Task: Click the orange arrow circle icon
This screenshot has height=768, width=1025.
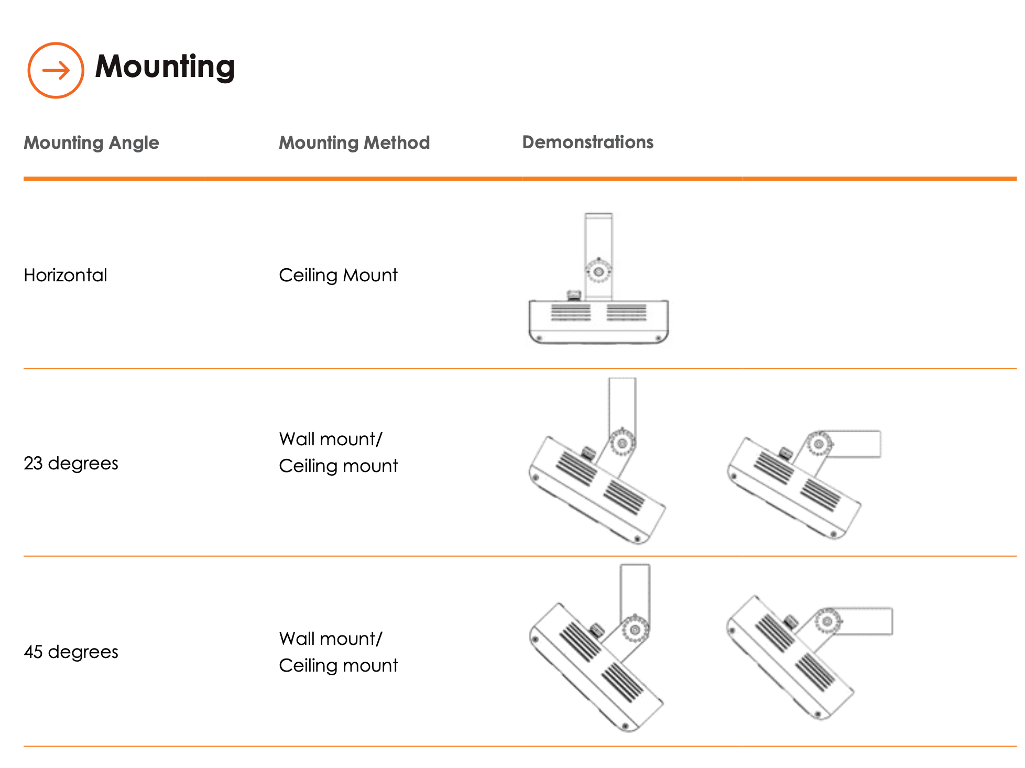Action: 56,70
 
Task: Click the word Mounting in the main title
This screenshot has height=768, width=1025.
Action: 165,67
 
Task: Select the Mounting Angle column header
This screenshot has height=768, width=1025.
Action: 91,142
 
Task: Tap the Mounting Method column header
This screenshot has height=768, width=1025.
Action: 354,142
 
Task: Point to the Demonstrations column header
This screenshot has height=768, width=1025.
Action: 587,142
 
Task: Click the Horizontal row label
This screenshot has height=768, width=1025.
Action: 66,275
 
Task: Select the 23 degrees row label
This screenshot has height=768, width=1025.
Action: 71,463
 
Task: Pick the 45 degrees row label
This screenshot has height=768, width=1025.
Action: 71,652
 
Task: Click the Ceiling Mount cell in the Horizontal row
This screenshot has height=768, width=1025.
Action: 338,275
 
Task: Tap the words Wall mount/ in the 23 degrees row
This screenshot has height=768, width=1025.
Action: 331,439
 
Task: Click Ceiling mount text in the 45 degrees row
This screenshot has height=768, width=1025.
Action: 338,665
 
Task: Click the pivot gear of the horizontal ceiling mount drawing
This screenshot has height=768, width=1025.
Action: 598,271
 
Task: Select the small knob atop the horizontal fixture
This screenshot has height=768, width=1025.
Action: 574,295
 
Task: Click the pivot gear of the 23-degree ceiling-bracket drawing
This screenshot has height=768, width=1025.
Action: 623,443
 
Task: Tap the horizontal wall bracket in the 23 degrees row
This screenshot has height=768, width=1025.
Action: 857,444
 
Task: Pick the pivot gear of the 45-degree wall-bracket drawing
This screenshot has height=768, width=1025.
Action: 827,621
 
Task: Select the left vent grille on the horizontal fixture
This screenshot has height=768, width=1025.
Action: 571,312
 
